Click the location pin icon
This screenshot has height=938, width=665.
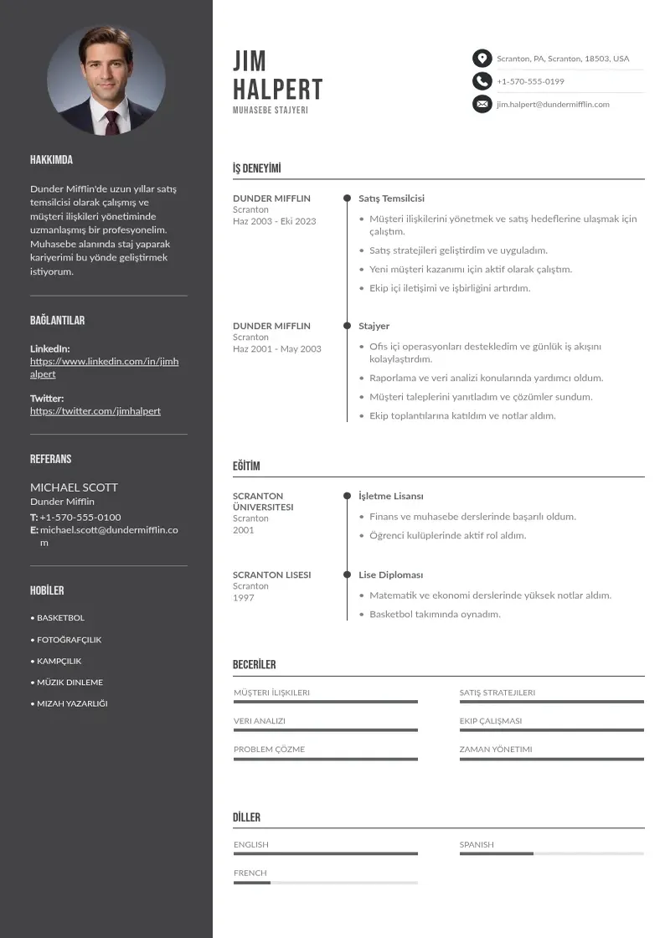482,59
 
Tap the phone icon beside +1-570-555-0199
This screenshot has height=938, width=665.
482,81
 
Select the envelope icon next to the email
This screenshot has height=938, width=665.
482,104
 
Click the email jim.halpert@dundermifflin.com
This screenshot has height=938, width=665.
553,105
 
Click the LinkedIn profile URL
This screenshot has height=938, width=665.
104,368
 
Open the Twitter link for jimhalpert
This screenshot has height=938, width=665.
95,411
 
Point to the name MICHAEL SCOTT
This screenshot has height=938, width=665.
74,487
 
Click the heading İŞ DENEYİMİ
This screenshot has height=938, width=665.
256,168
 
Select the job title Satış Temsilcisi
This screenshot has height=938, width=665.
391,198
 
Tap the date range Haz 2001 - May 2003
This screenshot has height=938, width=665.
276,349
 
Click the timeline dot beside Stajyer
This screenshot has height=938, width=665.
347,326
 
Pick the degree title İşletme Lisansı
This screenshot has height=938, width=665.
390,496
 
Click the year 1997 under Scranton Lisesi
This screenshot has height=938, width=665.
243,598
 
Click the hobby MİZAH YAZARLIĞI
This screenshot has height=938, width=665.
72,703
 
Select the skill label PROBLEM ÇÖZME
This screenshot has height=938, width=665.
269,750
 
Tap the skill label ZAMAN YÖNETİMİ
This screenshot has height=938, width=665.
495,750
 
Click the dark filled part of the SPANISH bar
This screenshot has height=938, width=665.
496,853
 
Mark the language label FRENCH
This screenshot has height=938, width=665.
250,873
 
